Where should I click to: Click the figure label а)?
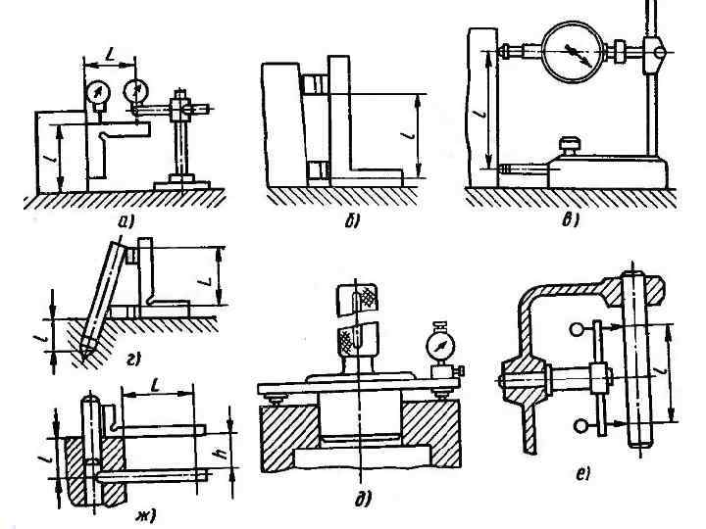coord(125,221)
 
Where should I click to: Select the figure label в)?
coord(570,221)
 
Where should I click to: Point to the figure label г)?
coord(132,360)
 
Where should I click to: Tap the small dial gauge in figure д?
coord(441,346)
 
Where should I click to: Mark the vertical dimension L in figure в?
coord(478,114)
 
